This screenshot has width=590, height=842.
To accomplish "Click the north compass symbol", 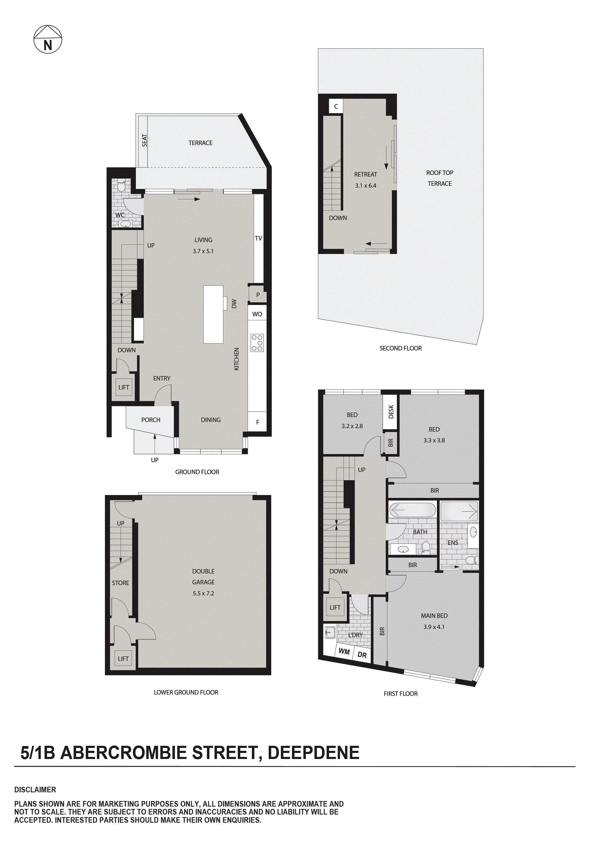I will [x=48, y=39].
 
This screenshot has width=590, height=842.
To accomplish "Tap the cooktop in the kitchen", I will [x=257, y=343].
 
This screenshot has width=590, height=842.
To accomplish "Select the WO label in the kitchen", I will [x=257, y=314].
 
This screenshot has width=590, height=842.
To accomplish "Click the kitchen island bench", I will [x=213, y=314].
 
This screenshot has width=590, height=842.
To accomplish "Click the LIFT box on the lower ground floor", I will [x=123, y=659].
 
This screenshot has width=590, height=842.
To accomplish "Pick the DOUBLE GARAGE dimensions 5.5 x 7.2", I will [x=203, y=593].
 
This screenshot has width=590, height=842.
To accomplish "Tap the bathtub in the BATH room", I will [x=412, y=510].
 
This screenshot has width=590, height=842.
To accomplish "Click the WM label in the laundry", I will [x=344, y=651].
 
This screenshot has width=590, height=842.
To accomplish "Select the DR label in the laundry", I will [x=362, y=655].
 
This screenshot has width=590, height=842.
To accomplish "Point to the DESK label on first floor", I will [x=391, y=411].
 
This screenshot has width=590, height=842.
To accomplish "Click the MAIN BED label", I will [x=434, y=616].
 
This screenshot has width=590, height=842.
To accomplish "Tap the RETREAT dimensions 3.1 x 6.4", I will [x=366, y=186].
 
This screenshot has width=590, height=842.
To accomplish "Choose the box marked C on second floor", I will [x=336, y=106].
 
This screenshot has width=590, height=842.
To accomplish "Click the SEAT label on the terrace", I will [x=145, y=140].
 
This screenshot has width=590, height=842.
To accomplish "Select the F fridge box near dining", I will [x=257, y=422].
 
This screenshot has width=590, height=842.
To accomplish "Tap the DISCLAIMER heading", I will [x=35, y=790].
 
